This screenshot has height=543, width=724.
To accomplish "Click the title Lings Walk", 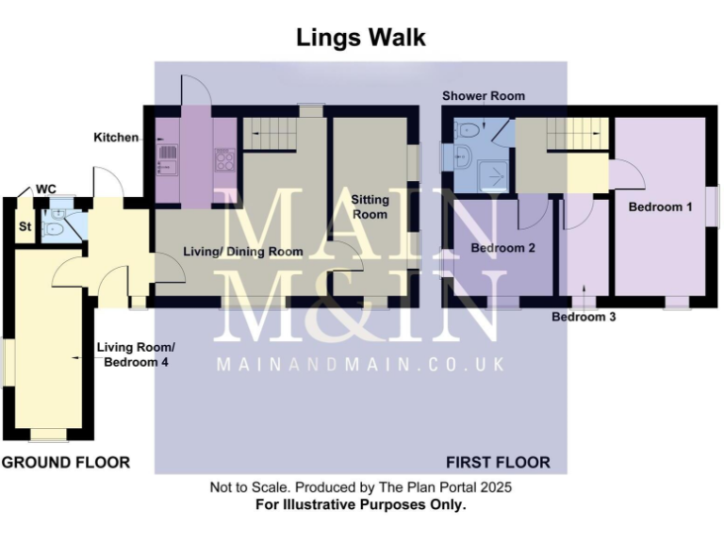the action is pyautogui.click(x=361, y=38).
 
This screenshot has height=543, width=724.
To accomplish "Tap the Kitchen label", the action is pyautogui.click(x=116, y=138).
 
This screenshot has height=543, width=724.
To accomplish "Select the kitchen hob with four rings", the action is pyautogui.click(x=225, y=160).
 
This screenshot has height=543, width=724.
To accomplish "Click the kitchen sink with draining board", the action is pyautogui.click(x=167, y=159).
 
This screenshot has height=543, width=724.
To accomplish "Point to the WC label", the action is pyautogui.click(x=45, y=189).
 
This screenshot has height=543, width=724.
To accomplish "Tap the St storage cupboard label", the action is pyautogui.click(x=25, y=226).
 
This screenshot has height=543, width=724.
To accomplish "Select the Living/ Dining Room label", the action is pyautogui.click(x=243, y=252).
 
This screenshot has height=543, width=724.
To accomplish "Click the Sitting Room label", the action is pyautogui.click(x=370, y=206).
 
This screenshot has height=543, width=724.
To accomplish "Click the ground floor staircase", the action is pyautogui.click(x=270, y=134).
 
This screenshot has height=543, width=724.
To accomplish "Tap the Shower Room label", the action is pyautogui.click(x=484, y=96).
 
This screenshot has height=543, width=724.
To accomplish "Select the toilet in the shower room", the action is pyautogui.click(x=468, y=131).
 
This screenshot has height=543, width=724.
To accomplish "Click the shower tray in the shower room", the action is pyautogui.click(x=492, y=176).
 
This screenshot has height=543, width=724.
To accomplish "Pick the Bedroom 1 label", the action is pyautogui.click(x=660, y=206).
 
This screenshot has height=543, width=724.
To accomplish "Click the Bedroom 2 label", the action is pyautogui.click(x=502, y=248).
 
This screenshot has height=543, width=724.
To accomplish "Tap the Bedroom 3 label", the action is pyautogui.click(x=584, y=317).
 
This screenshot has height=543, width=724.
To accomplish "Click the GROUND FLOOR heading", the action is pyautogui.click(x=66, y=462).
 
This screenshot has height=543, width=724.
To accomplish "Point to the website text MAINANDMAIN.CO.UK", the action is pyautogui.click(x=361, y=364).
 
